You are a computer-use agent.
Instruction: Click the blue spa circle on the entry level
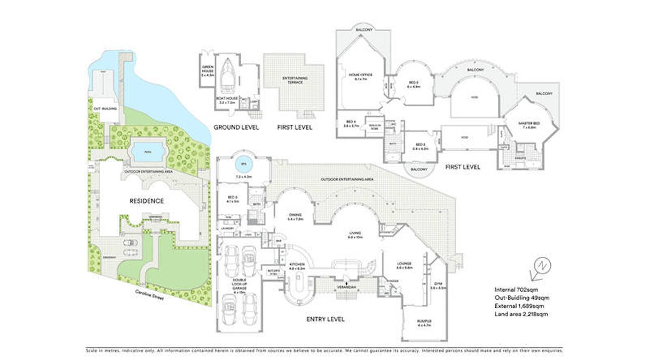(243, 164)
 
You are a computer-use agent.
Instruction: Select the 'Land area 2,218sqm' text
(521, 314)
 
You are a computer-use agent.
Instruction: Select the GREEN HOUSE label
(207, 69)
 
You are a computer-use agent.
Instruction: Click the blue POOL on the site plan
(146, 152)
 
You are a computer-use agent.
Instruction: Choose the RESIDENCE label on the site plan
(146, 201)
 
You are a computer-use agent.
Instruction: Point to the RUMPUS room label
(424, 323)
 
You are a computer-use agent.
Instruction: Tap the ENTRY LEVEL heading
(325, 319)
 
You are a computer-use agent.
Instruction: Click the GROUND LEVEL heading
(236, 127)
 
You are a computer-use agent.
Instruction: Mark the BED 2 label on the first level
(414, 83)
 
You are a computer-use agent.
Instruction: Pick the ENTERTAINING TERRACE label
(295, 81)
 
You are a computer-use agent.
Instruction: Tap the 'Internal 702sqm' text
(516, 290)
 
